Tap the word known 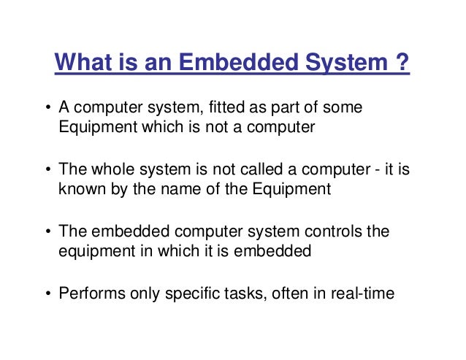coord(78,188)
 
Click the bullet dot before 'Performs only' coord(48,295)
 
